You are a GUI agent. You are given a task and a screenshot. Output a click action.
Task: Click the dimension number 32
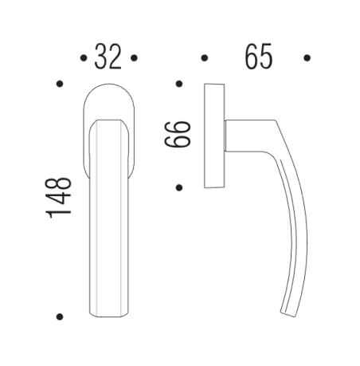[109, 57]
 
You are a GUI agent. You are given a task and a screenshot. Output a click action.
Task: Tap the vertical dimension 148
[60, 197]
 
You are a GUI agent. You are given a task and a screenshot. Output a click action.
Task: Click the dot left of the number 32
[84, 58]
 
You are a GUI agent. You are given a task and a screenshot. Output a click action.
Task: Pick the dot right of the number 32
[135, 58]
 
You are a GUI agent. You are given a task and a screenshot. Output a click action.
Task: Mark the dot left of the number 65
[204, 58]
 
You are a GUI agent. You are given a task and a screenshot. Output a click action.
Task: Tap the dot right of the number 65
[307, 58]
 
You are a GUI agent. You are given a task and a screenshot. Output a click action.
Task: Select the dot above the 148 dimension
[60, 83]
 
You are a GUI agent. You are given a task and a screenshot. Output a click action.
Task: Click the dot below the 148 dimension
[60, 317]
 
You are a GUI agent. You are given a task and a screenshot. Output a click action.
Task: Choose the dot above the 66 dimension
[179, 83]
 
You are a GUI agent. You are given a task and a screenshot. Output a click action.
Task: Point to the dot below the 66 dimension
[179, 187]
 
